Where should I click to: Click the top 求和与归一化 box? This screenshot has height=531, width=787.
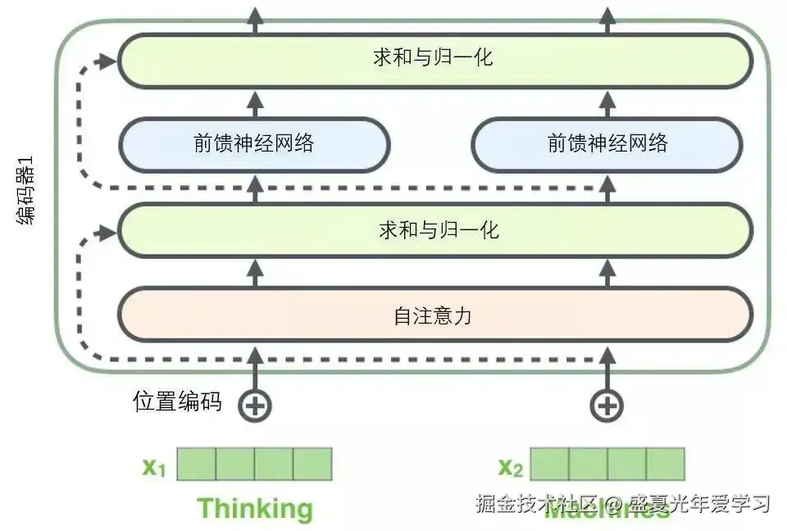(434, 58)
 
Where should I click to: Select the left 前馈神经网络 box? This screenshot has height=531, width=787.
(254, 144)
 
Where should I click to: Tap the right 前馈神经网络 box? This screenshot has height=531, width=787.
(607, 144)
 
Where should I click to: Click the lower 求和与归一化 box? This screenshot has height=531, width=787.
(434, 230)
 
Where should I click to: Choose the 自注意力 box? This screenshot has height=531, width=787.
(434, 315)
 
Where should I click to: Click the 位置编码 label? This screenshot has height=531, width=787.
(177, 402)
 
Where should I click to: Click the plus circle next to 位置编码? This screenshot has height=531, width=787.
(254, 404)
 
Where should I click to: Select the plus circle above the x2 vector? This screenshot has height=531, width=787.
(607, 404)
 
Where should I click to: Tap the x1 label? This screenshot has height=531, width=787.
(154, 467)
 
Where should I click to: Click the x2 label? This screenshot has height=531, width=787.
(510, 467)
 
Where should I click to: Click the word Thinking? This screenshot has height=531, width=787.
(255, 508)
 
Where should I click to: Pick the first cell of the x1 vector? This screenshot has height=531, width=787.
(197, 464)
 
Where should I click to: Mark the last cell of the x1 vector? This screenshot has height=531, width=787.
(312, 464)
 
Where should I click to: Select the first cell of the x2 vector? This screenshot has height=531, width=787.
(549, 464)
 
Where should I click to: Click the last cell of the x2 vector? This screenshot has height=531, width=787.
(665, 464)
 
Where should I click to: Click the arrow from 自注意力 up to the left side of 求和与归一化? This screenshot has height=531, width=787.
(254, 273)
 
